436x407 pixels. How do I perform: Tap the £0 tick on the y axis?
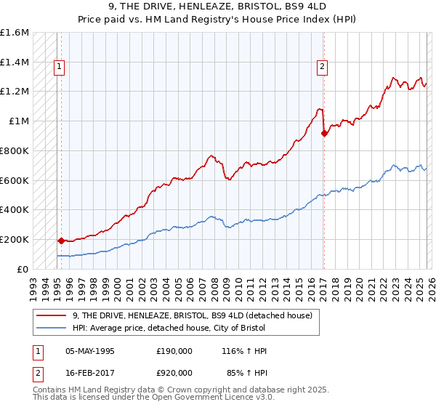tap(23, 269)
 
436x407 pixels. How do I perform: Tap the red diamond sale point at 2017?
tap(324, 133)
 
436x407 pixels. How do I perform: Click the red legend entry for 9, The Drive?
tap(192, 315)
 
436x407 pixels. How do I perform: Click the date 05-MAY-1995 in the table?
tap(90, 351)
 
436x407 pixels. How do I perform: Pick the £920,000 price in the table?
tap(174, 372)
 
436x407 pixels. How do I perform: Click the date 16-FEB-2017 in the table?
tap(90, 372)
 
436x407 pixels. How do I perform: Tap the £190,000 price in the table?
tap(174, 351)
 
